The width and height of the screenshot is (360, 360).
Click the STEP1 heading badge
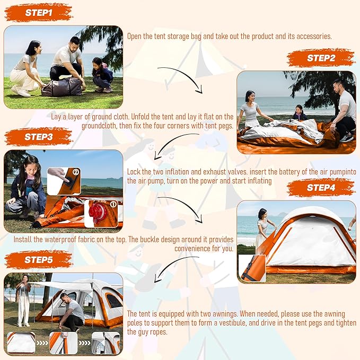coord(38,13)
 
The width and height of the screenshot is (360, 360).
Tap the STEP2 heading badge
coord(321,58)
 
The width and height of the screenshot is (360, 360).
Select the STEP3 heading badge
coord(38,137)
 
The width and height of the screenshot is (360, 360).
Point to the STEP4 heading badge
coord(321,188)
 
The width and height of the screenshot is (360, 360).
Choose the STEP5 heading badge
coord(38,260)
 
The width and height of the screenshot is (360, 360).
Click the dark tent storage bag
coord(62,87)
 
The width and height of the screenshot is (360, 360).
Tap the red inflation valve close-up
coord(98,213)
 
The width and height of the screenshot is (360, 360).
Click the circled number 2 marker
coord(76,172)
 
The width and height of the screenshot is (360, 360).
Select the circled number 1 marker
coord(113,204)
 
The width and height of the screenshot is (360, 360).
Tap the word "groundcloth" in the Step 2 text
coord(100,126)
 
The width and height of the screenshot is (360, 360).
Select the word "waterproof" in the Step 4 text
coord(60,240)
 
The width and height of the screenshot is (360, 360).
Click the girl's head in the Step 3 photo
coord(31,164)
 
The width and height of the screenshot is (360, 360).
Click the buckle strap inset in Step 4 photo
coord(252,268)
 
